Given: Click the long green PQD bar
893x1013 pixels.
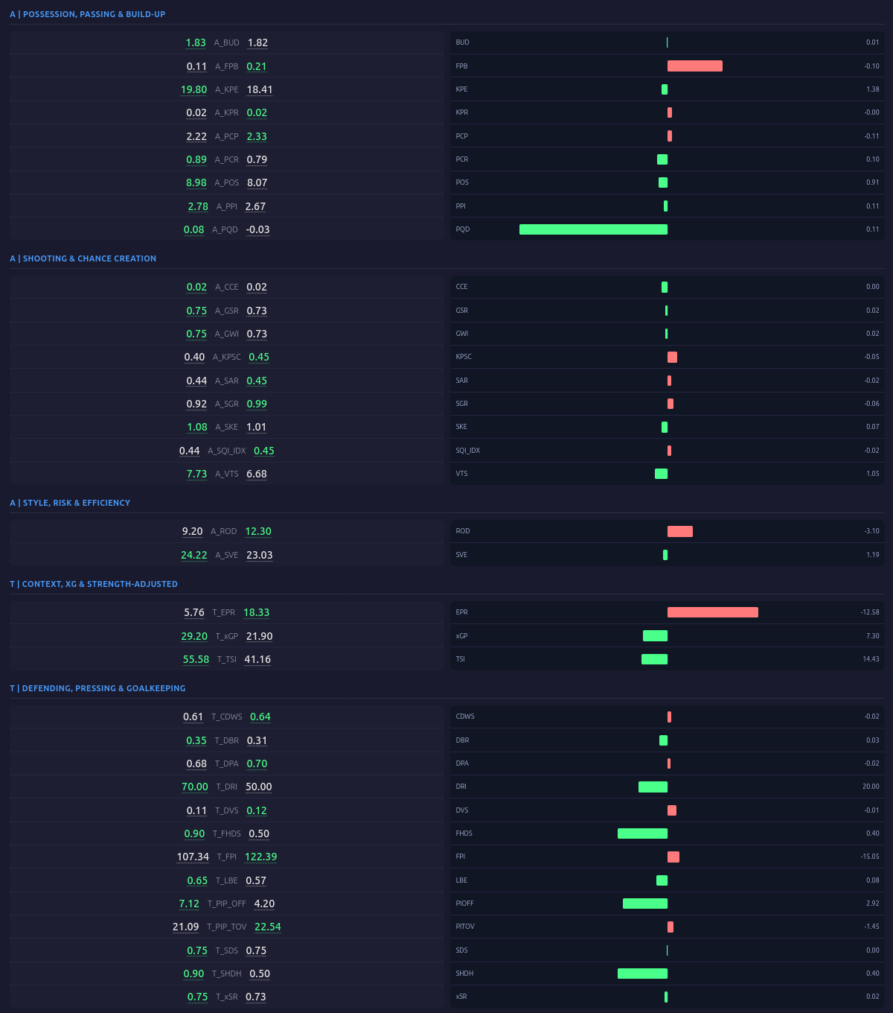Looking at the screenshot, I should (x=593, y=229).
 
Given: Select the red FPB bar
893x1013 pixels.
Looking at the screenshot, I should (x=694, y=66).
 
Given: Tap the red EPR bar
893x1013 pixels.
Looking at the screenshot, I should (x=712, y=612).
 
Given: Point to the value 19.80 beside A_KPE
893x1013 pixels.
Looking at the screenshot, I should (x=194, y=89).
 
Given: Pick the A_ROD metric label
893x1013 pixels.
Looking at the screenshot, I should (x=223, y=532).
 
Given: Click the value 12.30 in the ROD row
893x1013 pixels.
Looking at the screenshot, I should (x=258, y=531).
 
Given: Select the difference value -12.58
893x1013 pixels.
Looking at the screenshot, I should (x=869, y=612).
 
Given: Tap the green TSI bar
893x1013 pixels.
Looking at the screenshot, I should (x=654, y=659).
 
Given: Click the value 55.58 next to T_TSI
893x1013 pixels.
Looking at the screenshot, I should (x=196, y=659).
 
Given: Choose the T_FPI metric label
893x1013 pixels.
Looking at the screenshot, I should (x=226, y=857).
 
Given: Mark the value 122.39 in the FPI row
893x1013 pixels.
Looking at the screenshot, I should (x=260, y=857).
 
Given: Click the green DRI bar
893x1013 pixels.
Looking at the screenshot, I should (x=653, y=787).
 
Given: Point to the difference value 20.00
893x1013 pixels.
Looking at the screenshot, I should (x=871, y=787).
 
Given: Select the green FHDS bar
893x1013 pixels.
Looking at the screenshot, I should (x=642, y=833).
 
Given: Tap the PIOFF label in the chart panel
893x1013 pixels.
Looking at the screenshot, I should (x=464, y=904).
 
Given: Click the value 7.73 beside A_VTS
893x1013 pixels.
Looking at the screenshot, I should (x=196, y=474).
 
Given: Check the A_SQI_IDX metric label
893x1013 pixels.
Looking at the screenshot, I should (x=226, y=451).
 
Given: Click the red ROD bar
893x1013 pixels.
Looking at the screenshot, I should (x=679, y=531).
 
